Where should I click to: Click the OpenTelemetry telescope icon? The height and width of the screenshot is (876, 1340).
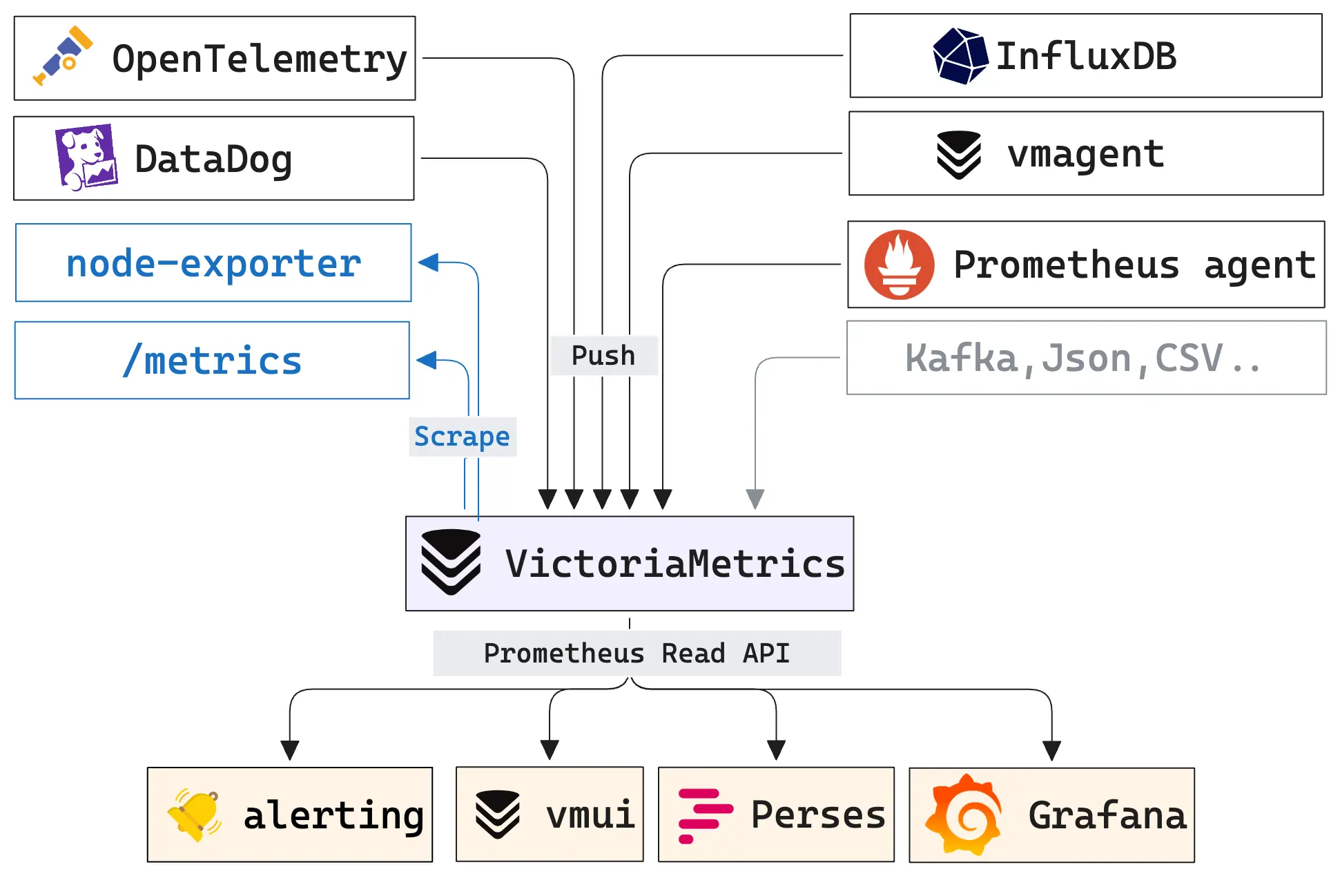click(63, 56)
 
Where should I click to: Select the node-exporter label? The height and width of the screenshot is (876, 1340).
click(213, 263)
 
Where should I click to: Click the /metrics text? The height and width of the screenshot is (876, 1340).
click(212, 361)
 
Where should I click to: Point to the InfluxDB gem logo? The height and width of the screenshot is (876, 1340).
click(960, 56)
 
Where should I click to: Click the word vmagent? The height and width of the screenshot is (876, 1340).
click(1085, 153)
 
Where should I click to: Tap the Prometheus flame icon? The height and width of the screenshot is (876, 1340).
click(899, 265)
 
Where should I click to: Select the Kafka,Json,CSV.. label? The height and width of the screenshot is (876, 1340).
click(1084, 358)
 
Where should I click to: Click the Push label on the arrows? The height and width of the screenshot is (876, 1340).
click(603, 355)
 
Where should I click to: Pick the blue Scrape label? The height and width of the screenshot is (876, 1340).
click(462, 437)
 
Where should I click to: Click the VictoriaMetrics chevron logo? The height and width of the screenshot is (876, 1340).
click(451, 562)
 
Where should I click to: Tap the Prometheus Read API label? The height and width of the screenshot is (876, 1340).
click(636, 653)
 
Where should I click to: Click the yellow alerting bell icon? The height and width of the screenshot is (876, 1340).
click(195, 815)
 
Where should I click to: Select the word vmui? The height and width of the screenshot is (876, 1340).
click(590, 814)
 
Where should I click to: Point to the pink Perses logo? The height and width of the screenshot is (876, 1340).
click(703, 815)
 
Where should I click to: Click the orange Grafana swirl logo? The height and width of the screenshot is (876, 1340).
click(964, 815)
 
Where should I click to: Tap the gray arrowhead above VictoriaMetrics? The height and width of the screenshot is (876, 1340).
click(755, 498)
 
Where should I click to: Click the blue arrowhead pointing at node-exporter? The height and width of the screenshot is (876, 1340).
click(429, 263)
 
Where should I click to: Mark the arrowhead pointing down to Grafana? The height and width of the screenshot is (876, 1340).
click(1051, 750)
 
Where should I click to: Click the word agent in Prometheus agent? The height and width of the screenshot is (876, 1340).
click(1259, 265)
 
